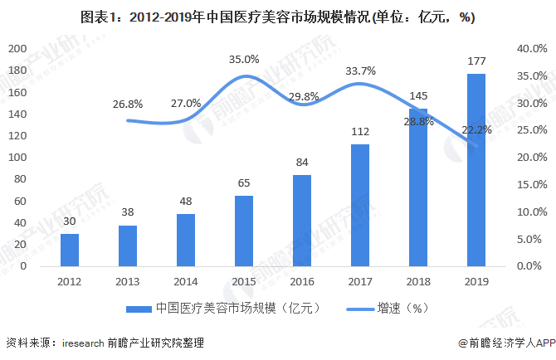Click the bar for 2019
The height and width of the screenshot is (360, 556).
476,170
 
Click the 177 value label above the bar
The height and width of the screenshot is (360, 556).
476,61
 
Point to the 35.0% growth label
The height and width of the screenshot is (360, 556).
244,59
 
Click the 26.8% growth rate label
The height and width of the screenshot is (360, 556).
128,104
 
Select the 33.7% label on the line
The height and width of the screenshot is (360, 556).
360,70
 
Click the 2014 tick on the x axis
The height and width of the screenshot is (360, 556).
186,280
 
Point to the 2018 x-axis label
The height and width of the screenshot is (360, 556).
417,280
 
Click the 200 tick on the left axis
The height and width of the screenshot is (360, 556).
17,49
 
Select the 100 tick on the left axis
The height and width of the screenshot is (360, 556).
17,158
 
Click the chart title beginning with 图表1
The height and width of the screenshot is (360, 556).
278,17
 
